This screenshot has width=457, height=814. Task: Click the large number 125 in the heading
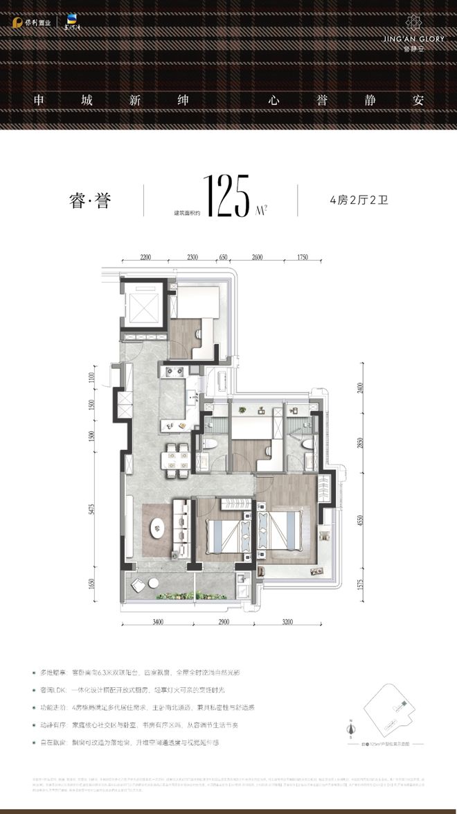[x=226, y=197]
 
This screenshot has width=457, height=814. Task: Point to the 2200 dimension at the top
[x=145, y=257]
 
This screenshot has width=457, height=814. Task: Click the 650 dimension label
[x=224, y=257]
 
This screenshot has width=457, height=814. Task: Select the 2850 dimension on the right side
[x=359, y=444]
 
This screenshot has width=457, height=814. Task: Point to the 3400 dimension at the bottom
[x=157, y=622]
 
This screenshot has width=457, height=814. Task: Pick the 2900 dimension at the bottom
[x=221, y=622]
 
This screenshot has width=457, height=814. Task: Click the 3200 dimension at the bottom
[x=289, y=622]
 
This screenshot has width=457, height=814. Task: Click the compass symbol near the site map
[x=351, y=727]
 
